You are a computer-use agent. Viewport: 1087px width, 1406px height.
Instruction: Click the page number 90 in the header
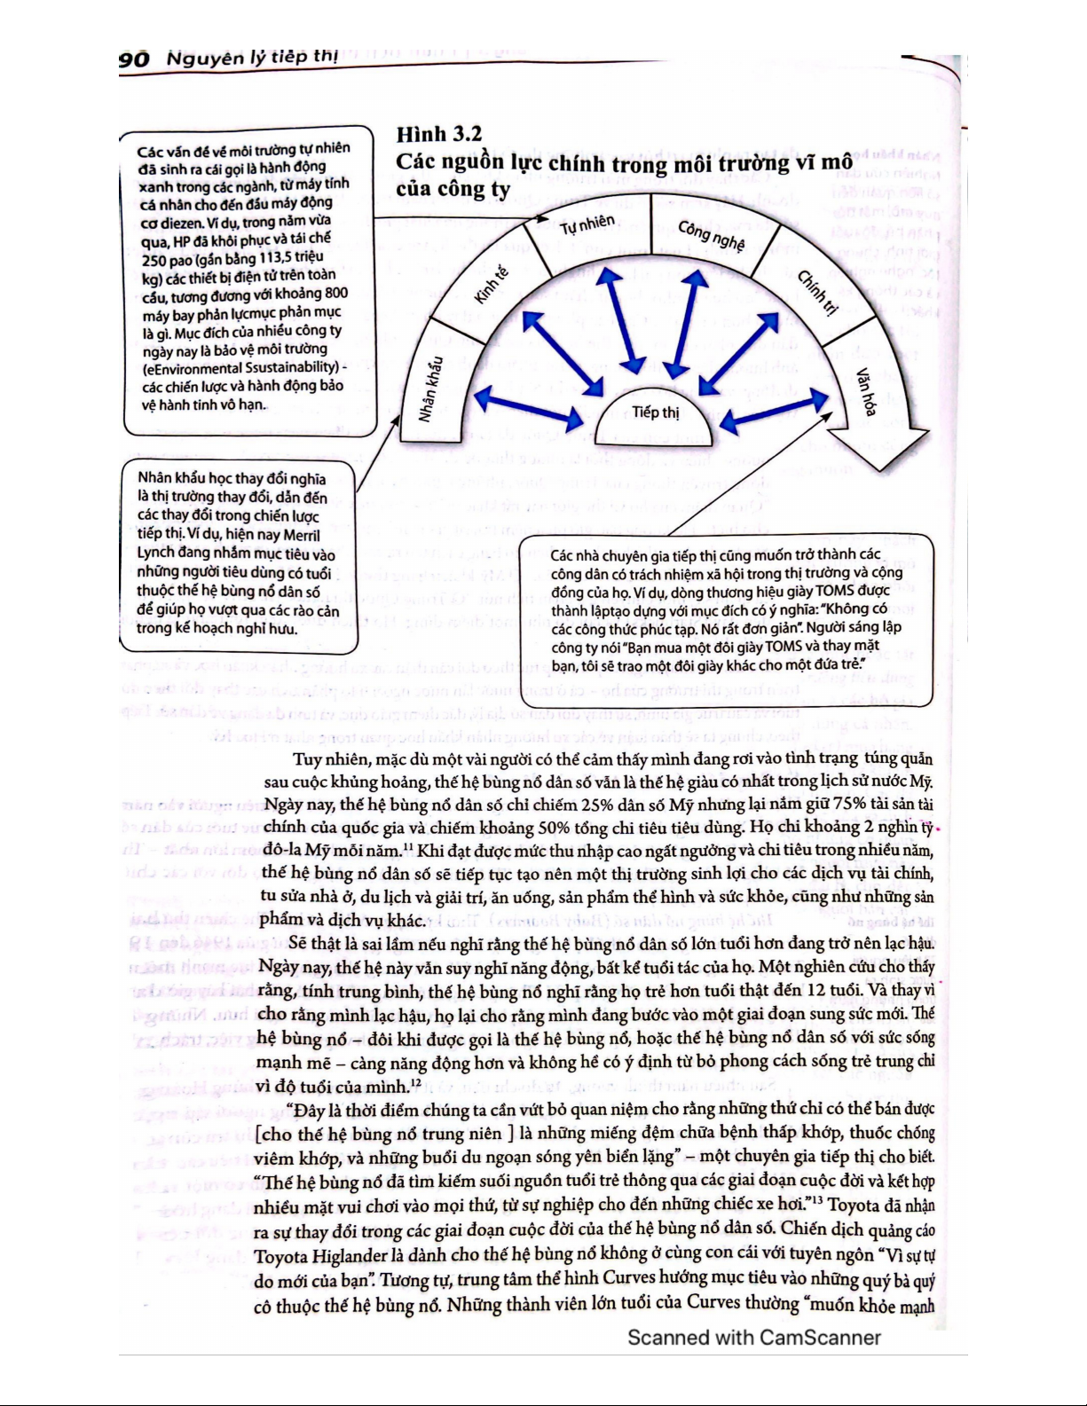[134, 59]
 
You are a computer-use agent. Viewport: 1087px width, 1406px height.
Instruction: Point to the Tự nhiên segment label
[587, 225]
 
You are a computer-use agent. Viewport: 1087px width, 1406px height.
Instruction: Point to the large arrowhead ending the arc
[878, 448]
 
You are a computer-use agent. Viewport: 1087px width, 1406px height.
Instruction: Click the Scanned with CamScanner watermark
[753, 1338]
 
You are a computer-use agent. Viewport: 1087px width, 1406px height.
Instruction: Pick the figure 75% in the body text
[849, 804]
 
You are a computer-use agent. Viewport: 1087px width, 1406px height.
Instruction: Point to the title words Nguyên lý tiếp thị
[251, 58]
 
